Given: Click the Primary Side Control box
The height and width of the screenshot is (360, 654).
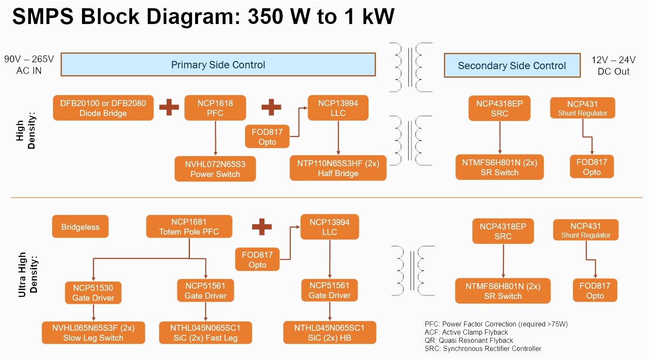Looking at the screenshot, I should click(218, 65).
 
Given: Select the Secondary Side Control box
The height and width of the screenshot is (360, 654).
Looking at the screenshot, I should click(512, 66).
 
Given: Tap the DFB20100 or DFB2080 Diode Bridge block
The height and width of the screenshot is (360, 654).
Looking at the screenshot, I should click(103, 108).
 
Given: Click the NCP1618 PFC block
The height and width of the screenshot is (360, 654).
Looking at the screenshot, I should click(215, 108).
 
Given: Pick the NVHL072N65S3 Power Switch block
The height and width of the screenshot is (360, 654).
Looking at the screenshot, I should click(215, 169).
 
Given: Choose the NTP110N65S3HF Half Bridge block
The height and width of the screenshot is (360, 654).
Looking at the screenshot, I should click(338, 168).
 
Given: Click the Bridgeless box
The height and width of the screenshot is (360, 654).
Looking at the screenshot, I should click(80, 227).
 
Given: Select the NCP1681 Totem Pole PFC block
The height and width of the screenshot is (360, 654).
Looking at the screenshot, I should click(189, 226).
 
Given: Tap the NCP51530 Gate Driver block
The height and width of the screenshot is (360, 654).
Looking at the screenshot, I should click(93, 293).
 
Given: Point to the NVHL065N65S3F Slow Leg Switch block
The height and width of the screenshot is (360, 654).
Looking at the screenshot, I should click(93, 333).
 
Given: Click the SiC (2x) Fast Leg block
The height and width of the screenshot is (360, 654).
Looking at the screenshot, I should click(205, 333).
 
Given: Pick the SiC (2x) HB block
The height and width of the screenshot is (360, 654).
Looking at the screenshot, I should click(329, 333).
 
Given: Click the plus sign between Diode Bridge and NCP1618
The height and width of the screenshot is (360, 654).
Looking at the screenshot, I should click(169, 107).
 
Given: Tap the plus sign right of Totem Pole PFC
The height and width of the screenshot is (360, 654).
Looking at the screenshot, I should click(262, 226).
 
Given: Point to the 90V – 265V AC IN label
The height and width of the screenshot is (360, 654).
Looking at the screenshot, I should click(29, 65).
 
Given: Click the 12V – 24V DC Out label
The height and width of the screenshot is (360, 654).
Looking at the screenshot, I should click(613, 66).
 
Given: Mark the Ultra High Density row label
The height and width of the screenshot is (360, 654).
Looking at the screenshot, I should click(28, 275).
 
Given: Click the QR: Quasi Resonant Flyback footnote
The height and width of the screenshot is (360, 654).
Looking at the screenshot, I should click(469, 340).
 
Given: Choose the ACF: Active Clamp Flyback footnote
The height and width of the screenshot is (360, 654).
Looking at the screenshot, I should click(466, 332).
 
